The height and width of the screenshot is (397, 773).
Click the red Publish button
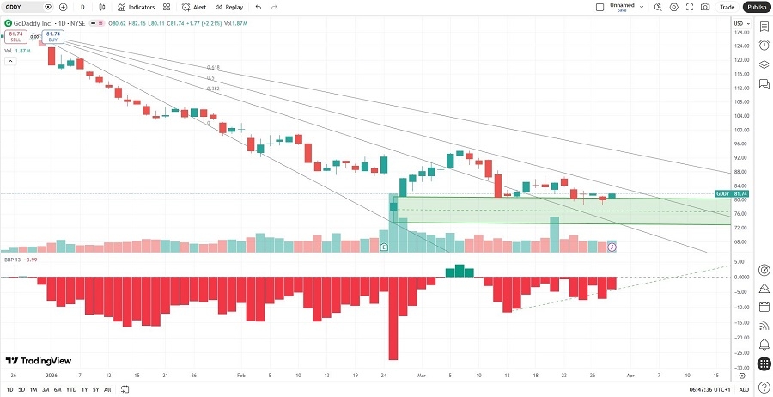[x=756, y=7]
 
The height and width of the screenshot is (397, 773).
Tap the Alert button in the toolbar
[x=194, y=7]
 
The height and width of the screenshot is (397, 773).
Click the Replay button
[x=229, y=7]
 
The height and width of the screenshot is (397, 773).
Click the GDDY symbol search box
[x=26, y=7]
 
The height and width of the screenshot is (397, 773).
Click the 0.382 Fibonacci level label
[x=213, y=88]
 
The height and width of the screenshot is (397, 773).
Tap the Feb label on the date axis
[x=240, y=376]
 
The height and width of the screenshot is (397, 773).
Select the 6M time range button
[x=58, y=389]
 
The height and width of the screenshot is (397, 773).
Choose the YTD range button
[x=71, y=389]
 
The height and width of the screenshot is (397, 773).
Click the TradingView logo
[x=38, y=361]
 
